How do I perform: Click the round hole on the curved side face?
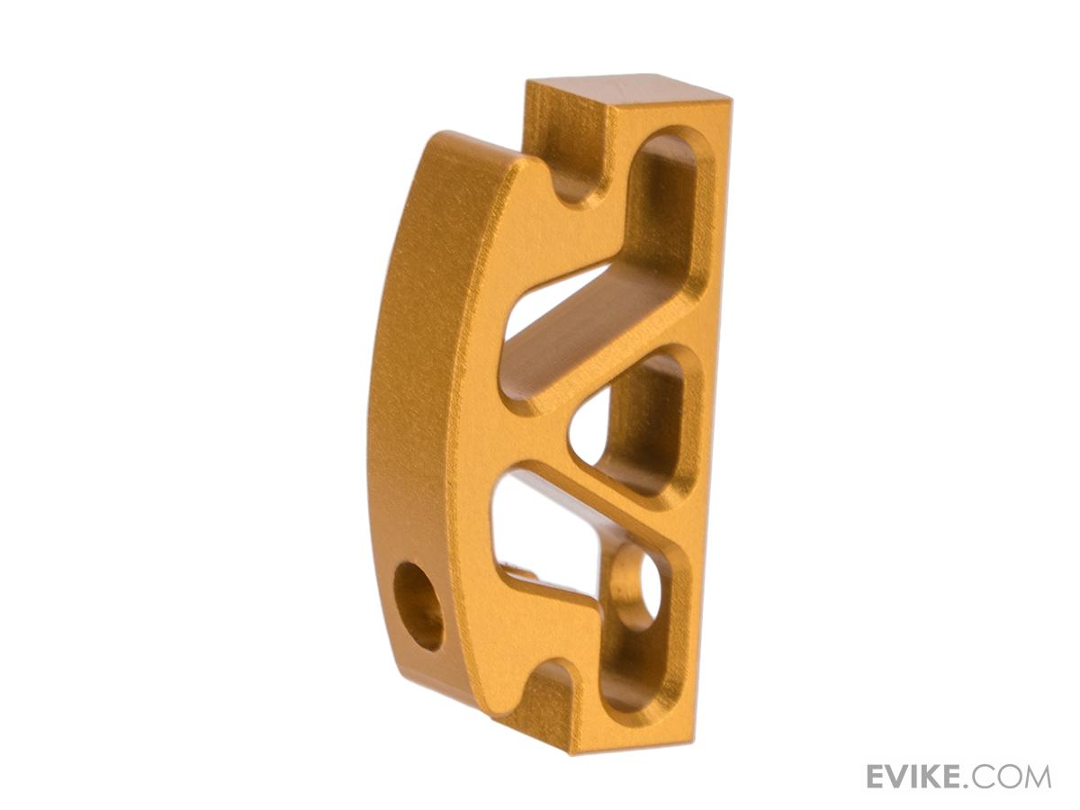click(x=419, y=607)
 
